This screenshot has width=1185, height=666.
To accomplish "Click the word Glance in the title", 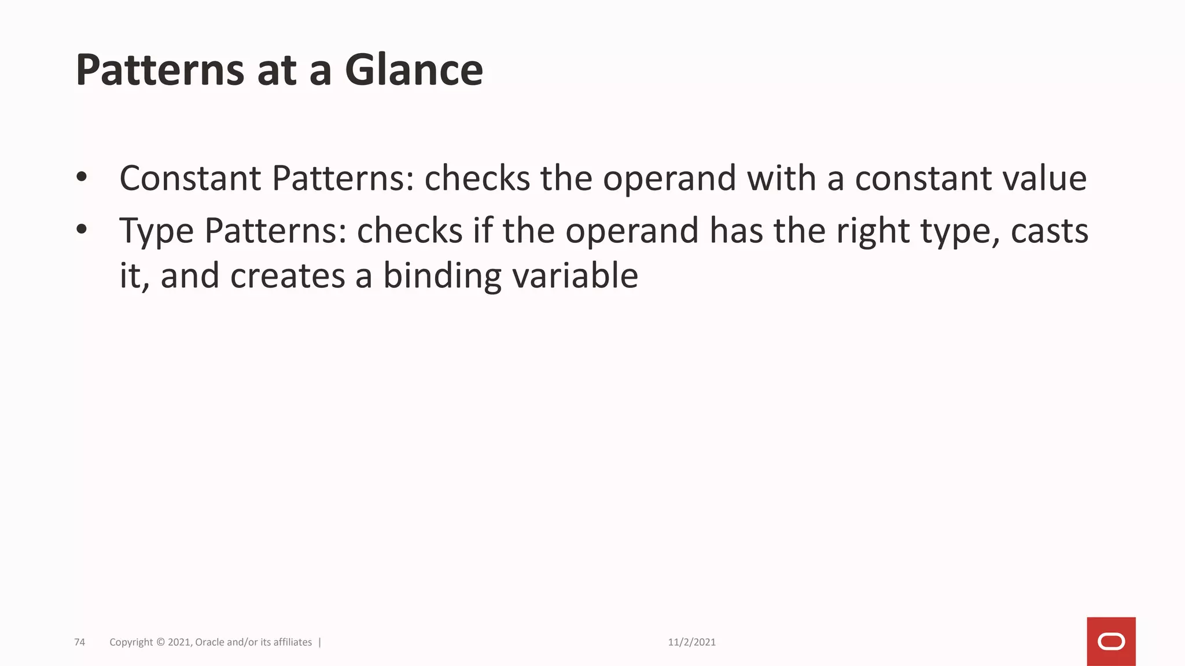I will tap(414, 70).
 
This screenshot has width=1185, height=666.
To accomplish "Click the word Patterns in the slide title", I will tap(160, 70).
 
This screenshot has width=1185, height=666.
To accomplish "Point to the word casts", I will tap(1049, 231).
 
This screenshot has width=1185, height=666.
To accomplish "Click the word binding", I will tap(443, 276).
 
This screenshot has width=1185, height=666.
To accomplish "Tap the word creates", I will tap(288, 276).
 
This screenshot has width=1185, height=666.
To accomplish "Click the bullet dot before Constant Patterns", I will tap(82, 177).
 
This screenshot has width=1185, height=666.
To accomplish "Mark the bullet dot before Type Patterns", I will tap(82, 230).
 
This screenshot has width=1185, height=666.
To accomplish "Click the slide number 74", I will tap(80, 642).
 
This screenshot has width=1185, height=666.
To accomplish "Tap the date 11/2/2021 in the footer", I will tap(691, 642).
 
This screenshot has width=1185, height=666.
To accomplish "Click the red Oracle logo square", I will tap(1111, 642).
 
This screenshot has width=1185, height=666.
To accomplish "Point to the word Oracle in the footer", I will tap(209, 642).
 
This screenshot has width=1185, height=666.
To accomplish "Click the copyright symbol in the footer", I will tap(160, 642).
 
